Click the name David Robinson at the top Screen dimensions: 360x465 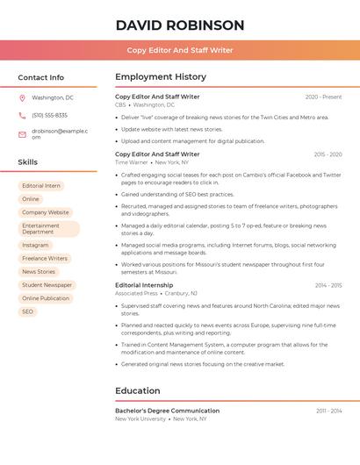point(180,25)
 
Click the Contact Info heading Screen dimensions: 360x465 point(41,77)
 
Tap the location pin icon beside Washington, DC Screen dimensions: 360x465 point(23,97)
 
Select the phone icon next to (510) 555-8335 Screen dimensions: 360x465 point(23,115)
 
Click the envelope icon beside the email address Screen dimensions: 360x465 point(23,133)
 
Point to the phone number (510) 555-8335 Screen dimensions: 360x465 point(49,115)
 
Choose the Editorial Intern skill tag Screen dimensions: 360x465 point(41,186)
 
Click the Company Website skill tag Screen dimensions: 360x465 point(46,212)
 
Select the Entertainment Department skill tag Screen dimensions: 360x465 point(48,229)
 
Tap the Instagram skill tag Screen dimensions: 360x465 point(35,246)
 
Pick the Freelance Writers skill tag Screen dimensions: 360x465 point(45,259)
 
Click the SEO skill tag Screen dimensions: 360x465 point(27,311)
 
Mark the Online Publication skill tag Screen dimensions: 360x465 point(46,298)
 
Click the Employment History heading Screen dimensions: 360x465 point(161,77)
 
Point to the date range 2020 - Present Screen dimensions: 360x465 point(323,97)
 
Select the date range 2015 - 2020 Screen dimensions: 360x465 point(328,154)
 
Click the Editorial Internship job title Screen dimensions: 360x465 point(144,285)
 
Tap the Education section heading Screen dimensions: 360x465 point(138,390)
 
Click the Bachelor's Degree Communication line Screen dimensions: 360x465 point(168,411)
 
